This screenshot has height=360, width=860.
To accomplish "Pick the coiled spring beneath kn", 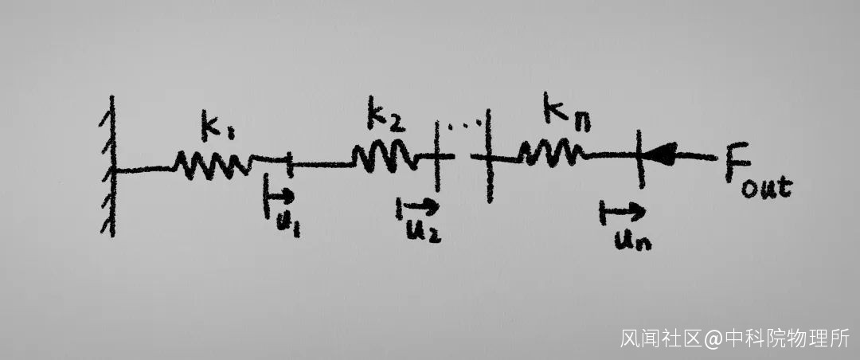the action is tap(550, 153).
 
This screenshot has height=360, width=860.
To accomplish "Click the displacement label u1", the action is tap(288, 225).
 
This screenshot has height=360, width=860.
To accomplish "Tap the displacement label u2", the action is tap(424, 232).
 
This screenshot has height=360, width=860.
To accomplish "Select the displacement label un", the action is tap(632, 239).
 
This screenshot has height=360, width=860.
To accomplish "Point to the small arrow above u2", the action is tap(417, 207).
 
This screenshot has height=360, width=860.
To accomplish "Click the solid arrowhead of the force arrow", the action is tap(660, 154).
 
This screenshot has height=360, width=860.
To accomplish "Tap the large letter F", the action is tap(737, 164).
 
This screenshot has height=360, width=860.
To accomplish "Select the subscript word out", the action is tap(767, 187).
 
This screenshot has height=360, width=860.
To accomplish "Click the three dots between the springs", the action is tap(465, 125).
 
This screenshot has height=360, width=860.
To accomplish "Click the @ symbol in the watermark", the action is tap(713, 338).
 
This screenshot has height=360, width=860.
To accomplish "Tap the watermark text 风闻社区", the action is tap(661, 338).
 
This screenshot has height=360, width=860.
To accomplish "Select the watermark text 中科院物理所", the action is tap(787, 338).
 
